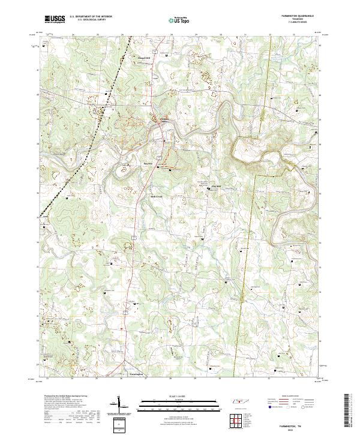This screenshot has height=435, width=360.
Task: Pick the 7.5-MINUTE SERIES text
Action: click(x=304, y=23)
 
